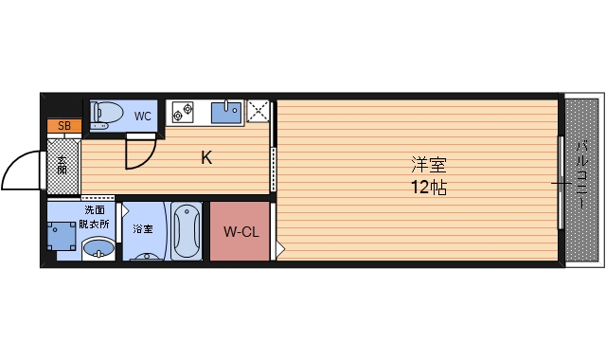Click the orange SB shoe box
point(64,125)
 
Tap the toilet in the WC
point(106,114)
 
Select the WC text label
point(142,117)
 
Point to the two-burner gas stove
point(182,113)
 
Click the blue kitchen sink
point(226,113)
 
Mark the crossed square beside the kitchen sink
point(258,112)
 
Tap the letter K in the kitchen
point(205,158)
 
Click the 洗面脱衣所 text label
point(95,217)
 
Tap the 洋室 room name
point(425,163)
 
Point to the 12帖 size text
point(425,187)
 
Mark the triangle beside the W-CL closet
point(279,250)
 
